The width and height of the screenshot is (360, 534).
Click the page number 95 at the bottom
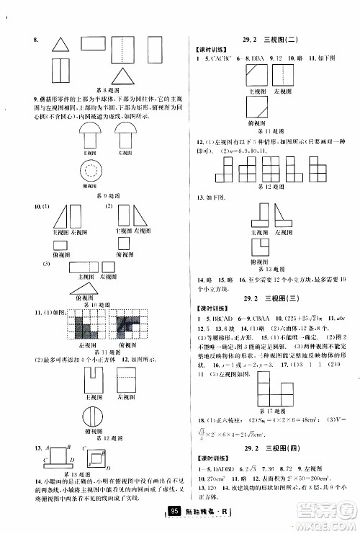(174, 512)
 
